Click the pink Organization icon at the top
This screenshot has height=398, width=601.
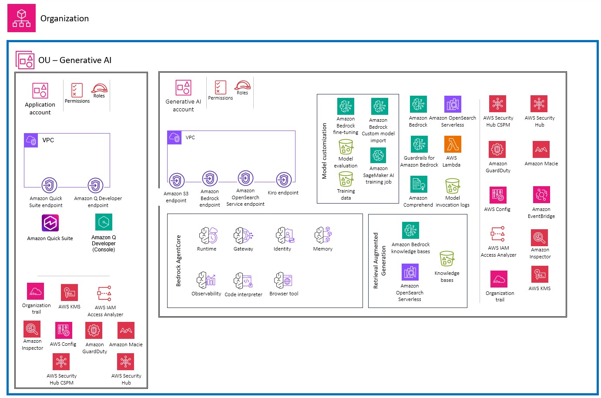click(21, 18)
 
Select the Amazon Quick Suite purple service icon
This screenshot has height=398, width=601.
click(50, 223)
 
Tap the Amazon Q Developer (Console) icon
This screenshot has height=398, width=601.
click(104, 222)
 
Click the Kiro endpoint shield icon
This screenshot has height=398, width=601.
click(284, 180)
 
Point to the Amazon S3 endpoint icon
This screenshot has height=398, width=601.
click(176, 181)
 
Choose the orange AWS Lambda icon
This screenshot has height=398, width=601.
click(453, 144)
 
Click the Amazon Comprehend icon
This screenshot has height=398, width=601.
click(419, 184)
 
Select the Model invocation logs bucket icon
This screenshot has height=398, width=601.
click(452, 186)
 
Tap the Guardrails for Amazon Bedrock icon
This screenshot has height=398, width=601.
click(419, 144)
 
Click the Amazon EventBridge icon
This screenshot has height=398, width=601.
click(541, 194)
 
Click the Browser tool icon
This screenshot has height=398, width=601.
click(283, 281)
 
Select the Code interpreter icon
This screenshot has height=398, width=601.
click(243, 281)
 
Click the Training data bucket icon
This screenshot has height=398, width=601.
click(346, 179)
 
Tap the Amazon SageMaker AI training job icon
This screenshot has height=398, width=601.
click(378, 155)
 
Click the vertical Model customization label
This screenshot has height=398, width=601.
click(324, 151)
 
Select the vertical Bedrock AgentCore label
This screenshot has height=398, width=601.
click(178, 261)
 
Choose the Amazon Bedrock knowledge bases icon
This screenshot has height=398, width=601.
click(410, 231)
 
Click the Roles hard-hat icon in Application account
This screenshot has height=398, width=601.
click(99, 88)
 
